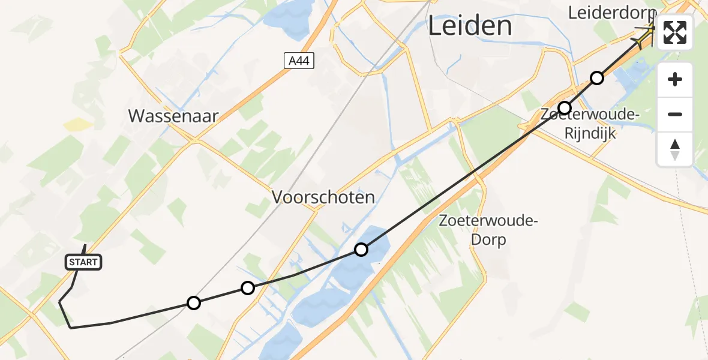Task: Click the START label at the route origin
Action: [x=83, y=262]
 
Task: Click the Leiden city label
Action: [x=470, y=26]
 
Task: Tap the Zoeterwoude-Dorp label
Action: [x=488, y=230]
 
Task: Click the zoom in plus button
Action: [x=675, y=79]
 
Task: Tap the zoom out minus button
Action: [x=675, y=114]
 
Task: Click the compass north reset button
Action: [x=675, y=149]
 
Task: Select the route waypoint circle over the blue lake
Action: [x=361, y=250]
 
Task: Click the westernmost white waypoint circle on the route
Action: [x=193, y=303]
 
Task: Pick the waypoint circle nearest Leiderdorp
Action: [x=596, y=78]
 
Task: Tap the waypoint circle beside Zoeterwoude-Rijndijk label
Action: [x=565, y=108]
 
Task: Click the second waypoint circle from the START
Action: [x=248, y=288]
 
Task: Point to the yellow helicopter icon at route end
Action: [x=646, y=34]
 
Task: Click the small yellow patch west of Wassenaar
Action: [x=77, y=124]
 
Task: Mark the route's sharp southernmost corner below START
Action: [x=71, y=328]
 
